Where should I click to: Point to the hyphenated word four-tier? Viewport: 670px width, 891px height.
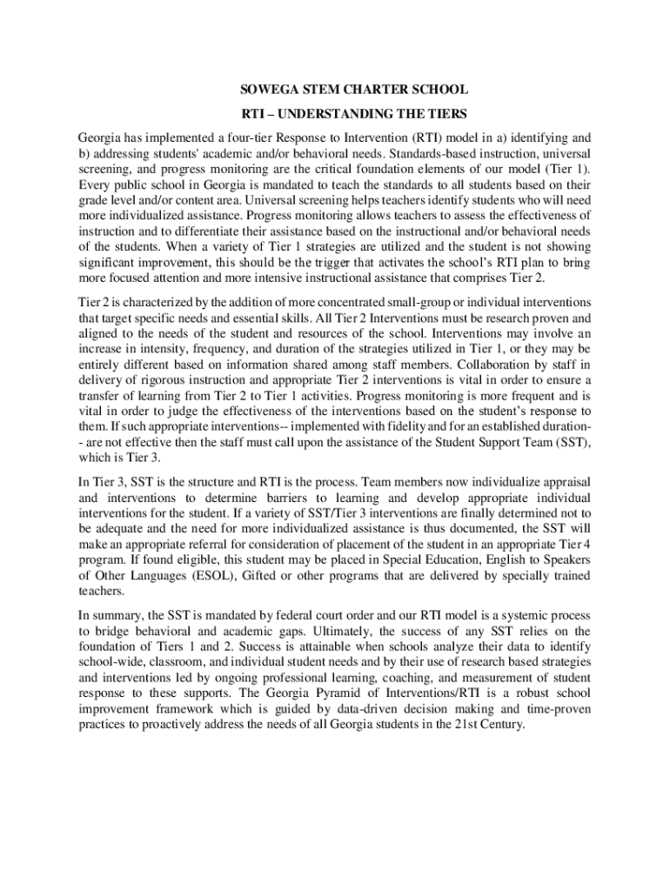pyautogui.click(x=248, y=137)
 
